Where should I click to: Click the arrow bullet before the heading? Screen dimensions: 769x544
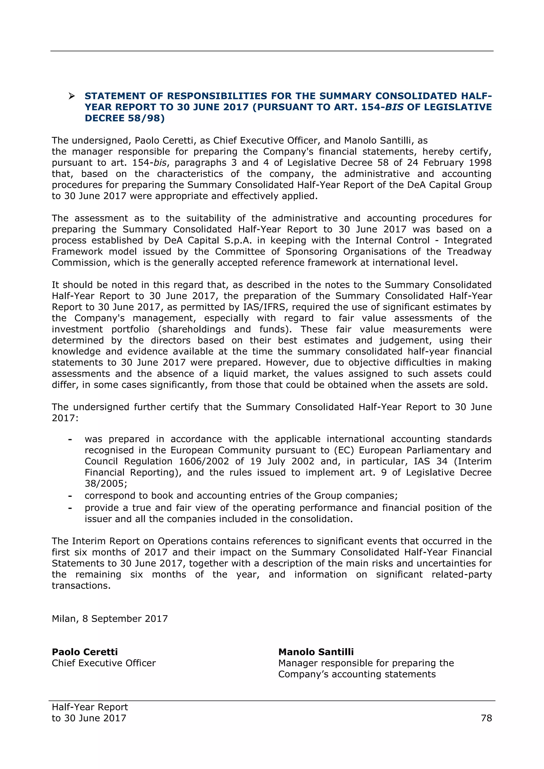coord(71,96)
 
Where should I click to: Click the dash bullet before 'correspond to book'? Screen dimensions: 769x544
coord(70,496)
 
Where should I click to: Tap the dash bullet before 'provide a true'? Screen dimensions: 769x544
coord(70,508)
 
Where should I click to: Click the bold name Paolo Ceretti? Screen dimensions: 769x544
coord(85,652)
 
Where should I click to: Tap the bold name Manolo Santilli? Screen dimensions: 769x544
coord(316,652)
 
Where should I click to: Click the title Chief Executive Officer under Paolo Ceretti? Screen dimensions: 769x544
coord(104,663)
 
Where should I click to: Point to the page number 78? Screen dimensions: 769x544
coord(486,718)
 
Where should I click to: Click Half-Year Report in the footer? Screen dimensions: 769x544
coord(90,707)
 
